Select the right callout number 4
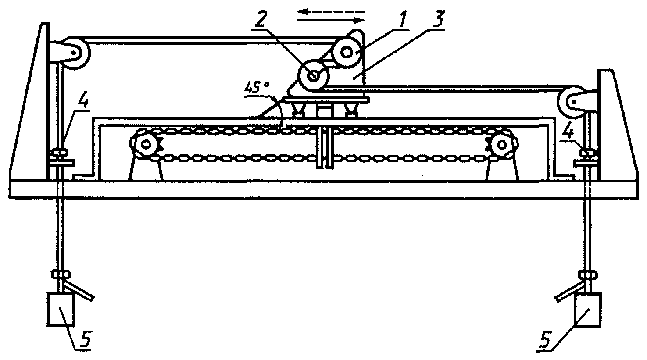tap(568, 132)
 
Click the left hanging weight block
tap(61, 309)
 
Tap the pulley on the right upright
tap(572, 103)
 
